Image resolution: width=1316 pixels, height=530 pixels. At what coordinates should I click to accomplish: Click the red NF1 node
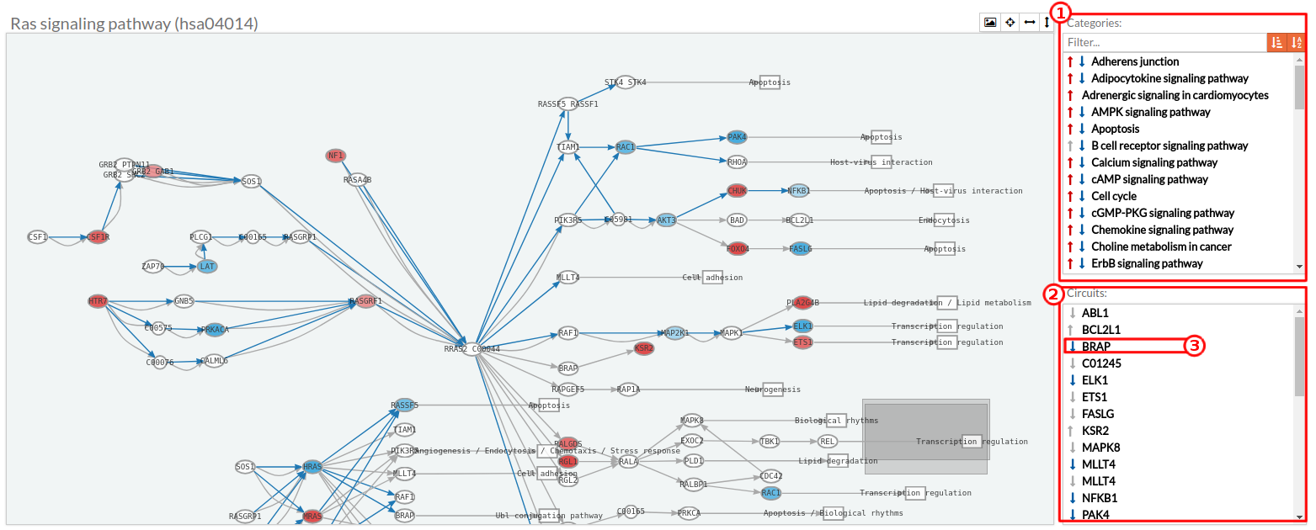(x=336, y=156)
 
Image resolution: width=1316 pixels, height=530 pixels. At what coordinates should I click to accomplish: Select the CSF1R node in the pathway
(x=99, y=237)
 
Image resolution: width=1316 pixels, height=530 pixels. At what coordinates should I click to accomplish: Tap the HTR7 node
(x=99, y=301)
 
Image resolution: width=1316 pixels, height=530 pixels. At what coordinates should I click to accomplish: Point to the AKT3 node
(x=667, y=220)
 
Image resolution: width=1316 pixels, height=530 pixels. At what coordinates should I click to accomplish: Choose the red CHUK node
(x=738, y=191)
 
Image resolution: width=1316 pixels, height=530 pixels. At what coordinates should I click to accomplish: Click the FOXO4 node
(x=738, y=248)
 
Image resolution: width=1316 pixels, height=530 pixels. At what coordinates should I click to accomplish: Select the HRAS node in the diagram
(x=312, y=467)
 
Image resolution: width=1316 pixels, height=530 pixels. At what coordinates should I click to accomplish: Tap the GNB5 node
(x=184, y=301)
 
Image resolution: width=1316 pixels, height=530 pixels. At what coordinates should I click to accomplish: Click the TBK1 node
(x=770, y=441)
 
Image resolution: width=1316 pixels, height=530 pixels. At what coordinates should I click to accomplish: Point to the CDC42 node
(x=770, y=476)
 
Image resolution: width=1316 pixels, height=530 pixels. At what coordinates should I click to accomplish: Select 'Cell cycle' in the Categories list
(x=1113, y=196)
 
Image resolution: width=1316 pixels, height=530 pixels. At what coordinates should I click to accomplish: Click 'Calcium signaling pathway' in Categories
(x=1153, y=162)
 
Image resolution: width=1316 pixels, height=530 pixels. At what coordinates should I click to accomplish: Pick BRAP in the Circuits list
(x=1096, y=346)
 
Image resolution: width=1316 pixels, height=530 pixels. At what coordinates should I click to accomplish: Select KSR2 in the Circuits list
(x=1095, y=430)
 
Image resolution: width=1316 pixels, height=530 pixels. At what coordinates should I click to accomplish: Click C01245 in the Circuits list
(x=1100, y=363)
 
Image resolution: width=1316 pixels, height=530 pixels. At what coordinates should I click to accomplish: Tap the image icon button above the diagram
(x=990, y=23)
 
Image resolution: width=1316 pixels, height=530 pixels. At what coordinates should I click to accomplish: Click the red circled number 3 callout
(x=1196, y=346)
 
